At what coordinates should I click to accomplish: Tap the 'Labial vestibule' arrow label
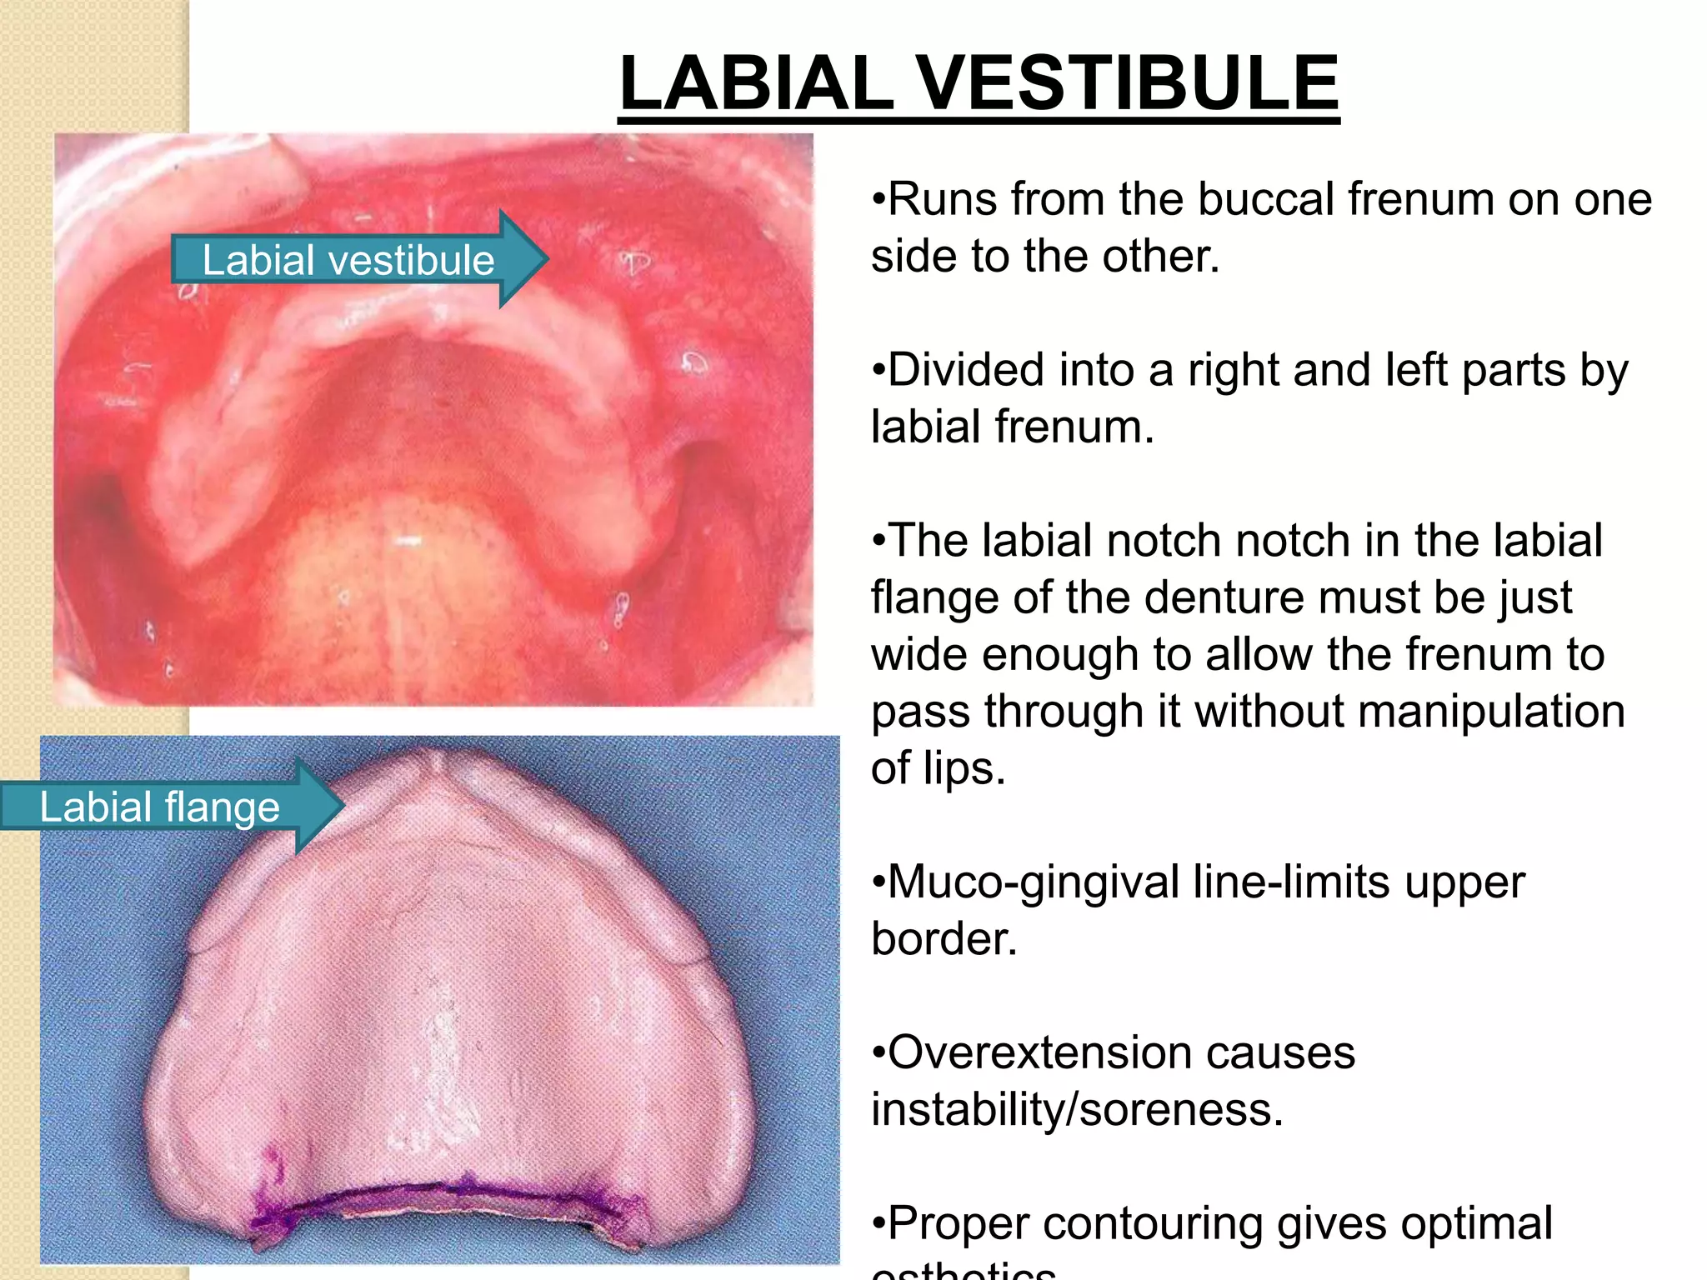pyautogui.click(x=349, y=260)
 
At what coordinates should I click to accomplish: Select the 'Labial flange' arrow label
pyautogui.click(x=160, y=807)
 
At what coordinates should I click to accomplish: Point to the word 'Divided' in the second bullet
pyautogui.click(x=965, y=370)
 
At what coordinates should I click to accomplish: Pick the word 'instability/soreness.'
pyautogui.click(x=1077, y=1110)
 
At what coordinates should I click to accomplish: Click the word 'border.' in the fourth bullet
pyautogui.click(x=944, y=939)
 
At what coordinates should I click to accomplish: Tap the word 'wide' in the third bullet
pyautogui.click(x=919, y=655)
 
